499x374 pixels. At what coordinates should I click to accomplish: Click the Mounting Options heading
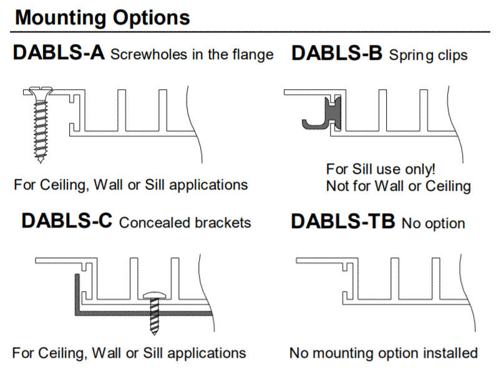click(102, 17)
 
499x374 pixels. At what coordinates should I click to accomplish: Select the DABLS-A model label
click(59, 52)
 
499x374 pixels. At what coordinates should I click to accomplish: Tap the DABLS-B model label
click(337, 53)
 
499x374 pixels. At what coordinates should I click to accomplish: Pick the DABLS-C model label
click(67, 221)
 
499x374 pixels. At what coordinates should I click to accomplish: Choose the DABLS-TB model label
click(343, 221)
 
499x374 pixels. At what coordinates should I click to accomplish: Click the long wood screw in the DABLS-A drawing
click(40, 124)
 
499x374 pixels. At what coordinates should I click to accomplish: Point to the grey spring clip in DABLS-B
click(321, 114)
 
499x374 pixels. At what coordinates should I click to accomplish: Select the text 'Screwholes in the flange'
click(192, 54)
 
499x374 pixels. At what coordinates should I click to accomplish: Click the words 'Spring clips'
click(429, 55)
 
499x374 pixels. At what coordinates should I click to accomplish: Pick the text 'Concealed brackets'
click(185, 223)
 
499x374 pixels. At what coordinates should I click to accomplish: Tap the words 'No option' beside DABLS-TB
click(434, 223)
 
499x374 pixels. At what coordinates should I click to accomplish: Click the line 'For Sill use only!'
click(380, 169)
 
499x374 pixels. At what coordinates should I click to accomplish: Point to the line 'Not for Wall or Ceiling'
click(399, 186)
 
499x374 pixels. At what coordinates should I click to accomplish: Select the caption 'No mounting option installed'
click(384, 353)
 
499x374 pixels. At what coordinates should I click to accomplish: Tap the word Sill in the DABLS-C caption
click(153, 353)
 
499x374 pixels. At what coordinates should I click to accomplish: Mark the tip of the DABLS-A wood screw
click(40, 163)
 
